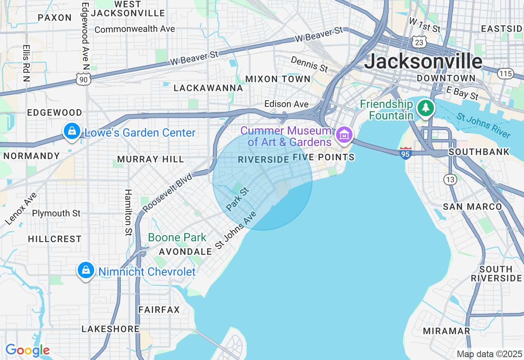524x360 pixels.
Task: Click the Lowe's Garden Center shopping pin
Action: click(72, 131)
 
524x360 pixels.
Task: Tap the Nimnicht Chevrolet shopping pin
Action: click(86, 270)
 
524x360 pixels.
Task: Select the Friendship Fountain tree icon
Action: click(426, 108)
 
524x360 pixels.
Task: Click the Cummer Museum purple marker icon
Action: click(344, 135)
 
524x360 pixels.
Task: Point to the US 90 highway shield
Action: click(84, 80)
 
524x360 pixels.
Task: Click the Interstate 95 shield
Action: click(405, 153)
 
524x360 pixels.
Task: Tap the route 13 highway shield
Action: click(450, 179)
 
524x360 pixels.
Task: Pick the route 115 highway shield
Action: click(506, 74)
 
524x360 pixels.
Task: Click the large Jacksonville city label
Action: click(423, 61)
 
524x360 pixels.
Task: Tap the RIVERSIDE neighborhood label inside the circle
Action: click(264, 160)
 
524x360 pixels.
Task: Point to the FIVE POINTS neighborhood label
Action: click(323, 157)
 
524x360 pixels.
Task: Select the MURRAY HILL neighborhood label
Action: click(151, 159)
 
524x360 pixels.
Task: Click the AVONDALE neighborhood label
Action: click(185, 252)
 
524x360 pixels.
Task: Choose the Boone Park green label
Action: click(177, 237)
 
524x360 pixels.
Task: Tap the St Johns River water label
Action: click(484, 126)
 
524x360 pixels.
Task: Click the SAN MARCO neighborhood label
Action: click(472, 207)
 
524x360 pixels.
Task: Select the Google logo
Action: click(27, 350)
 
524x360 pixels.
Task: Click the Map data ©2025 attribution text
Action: click(489, 354)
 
